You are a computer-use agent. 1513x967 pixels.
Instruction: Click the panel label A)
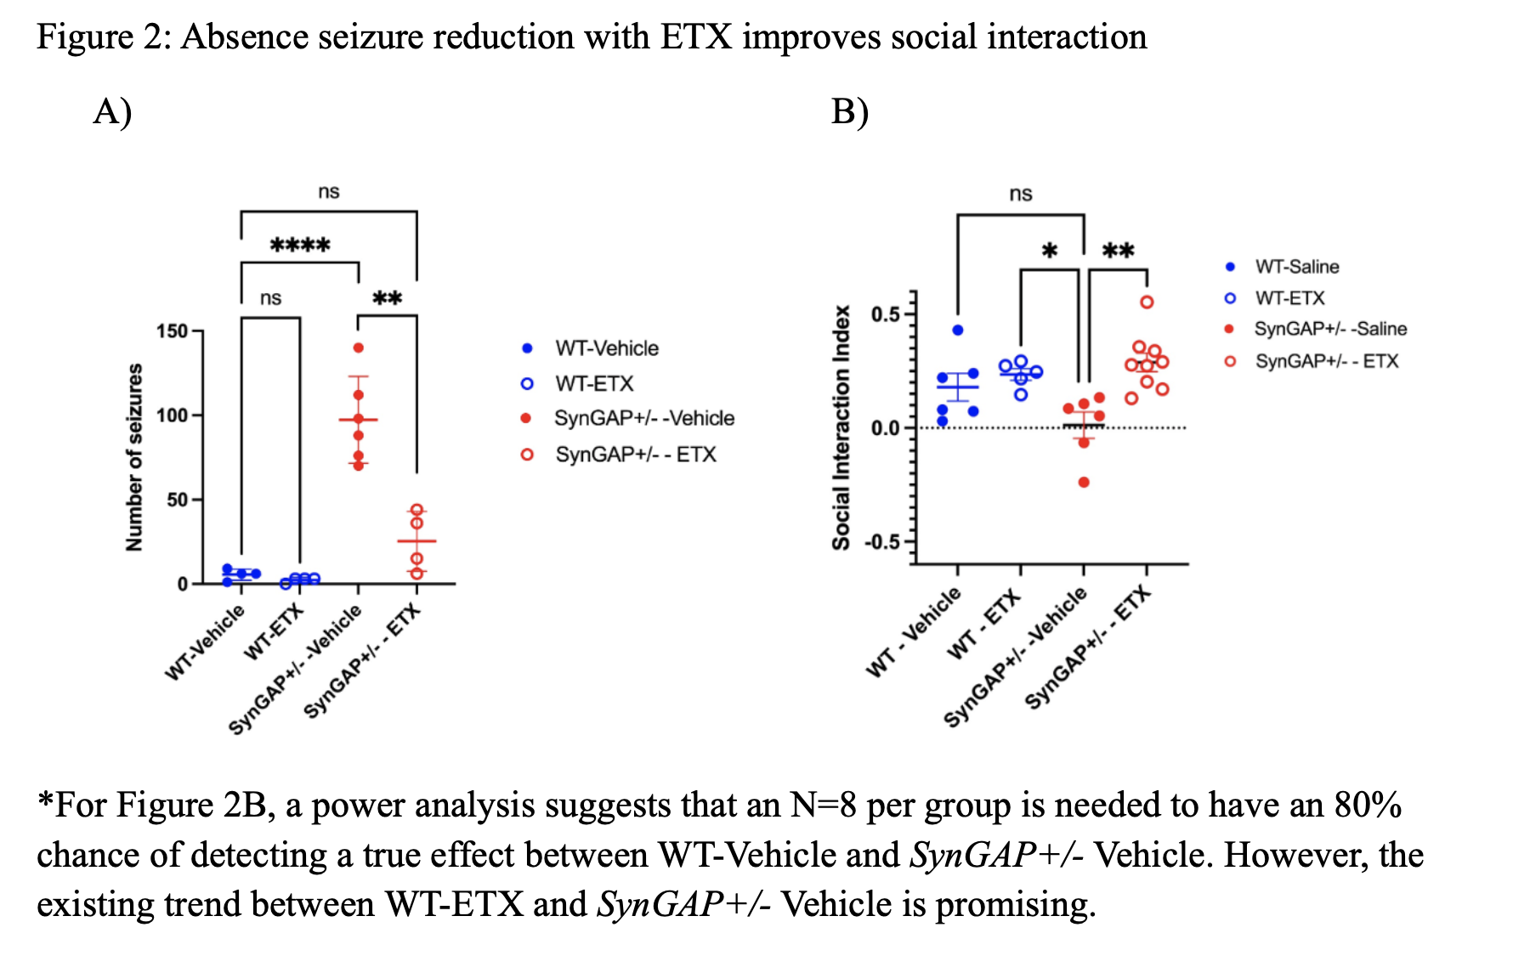[112, 111]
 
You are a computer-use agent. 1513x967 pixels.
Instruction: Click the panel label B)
[849, 111]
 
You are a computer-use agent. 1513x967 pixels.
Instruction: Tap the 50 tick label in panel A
[178, 500]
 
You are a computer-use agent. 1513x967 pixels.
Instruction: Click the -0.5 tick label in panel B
[881, 542]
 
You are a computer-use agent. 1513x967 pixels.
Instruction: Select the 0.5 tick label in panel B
[886, 314]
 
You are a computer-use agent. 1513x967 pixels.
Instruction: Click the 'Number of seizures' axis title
[134, 457]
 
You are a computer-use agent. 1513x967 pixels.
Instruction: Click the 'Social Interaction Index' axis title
[841, 427]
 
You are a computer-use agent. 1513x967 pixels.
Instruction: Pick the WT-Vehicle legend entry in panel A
[606, 348]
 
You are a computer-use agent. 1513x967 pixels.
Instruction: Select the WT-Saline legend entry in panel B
[1296, 267]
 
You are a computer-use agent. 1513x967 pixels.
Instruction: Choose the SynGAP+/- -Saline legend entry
[1329, 329]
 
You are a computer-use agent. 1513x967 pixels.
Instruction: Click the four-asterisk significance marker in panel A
[300, 246]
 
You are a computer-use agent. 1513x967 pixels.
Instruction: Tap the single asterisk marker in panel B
[1050, 252]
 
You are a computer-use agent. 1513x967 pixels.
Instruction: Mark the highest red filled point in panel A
[358, 348]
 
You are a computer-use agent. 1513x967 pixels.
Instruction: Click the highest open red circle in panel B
[1147, 302]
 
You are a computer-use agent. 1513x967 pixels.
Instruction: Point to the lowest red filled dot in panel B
[1084, 483]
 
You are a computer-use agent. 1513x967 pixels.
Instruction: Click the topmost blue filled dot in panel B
[958, 330]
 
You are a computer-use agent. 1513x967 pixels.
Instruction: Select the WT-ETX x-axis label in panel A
[275, 631]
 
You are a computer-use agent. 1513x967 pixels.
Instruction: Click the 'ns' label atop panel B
[1021, 194]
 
